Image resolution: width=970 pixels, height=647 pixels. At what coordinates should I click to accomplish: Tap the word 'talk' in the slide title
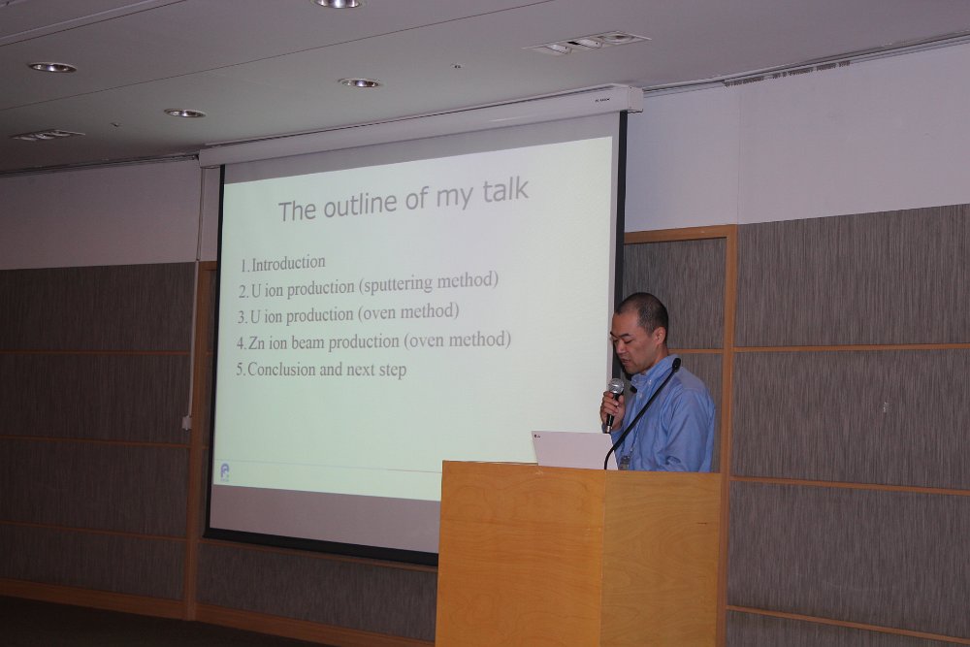click(x=505, y=190)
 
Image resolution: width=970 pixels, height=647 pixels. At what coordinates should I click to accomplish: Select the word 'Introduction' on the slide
click(x=288, y=263)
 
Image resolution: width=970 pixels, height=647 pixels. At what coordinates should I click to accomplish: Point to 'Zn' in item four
click(x=255, y=342)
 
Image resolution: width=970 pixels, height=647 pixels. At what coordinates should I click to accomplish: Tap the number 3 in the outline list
click(x=242, y=317)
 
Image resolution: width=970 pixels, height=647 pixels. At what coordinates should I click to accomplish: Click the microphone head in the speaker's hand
click(x=616, y=388)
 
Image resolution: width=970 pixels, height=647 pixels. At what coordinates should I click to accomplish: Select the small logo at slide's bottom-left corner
click(x=225, y=472)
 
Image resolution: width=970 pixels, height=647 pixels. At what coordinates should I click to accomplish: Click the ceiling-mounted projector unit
click(x=586, y=43)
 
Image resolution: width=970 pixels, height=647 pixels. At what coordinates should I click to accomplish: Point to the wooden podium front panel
click(x=520, y=557)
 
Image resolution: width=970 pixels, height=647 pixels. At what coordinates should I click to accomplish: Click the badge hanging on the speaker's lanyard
click(x=625, y=462)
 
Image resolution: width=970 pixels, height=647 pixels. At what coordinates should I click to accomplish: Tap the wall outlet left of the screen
click(x=186, y=423)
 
